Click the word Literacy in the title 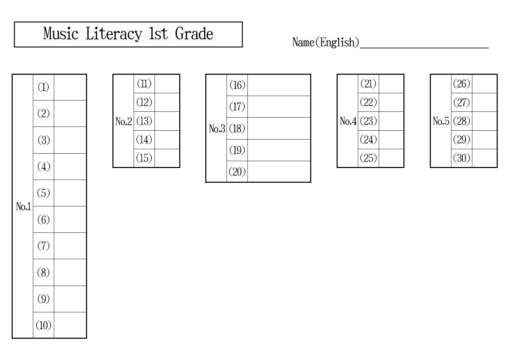pos(114,34)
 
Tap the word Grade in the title pos(194,34)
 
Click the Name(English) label pos(326,42)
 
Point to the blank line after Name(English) pos(424,48)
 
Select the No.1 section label pos(23,207)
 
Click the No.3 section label pos(217,129)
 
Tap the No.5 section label pos(441,121)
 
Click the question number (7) pos(44,246)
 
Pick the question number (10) pos(44,325)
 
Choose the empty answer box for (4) pos(70,167)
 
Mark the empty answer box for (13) pos(167,121)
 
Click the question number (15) pos(144,158)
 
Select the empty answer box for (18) pos(279,129)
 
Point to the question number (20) pos(237,171)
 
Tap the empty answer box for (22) pos(391,102)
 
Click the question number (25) pos(368,158)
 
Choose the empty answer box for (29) pos(484,140)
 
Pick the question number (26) pos(461,84)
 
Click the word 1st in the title pos(158,34)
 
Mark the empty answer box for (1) pos(70,87)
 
